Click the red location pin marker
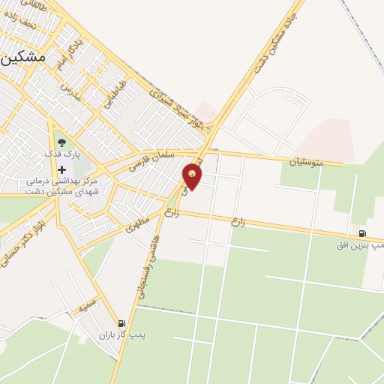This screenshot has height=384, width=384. (x=193, y=176)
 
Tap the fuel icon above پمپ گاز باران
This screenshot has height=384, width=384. (x=122, y=324)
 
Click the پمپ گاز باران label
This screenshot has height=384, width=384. (x=122, y=335)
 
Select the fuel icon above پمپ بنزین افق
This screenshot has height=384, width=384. (x=363, y=234)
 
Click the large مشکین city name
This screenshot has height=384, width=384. (x=23, y=57)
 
